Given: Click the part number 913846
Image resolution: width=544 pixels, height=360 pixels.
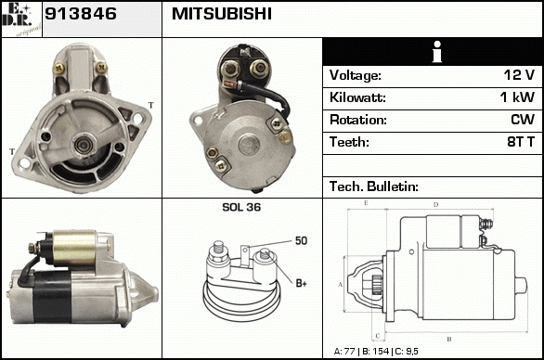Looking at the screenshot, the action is click(81, 14).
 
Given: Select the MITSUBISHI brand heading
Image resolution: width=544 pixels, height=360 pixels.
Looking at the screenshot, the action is click(222, 14).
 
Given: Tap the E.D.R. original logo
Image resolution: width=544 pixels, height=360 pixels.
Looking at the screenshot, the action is click(21, 19).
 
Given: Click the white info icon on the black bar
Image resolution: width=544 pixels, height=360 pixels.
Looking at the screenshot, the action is click(437, 52).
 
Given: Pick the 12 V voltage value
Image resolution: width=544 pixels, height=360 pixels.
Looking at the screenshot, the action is click(519, 75).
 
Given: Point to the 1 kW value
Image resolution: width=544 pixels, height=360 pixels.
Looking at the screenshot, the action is click(517, 97).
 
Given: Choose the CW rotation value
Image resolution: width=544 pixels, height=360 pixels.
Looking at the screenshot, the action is click(523, 120).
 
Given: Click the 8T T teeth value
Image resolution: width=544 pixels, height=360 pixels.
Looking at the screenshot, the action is click(521, 142).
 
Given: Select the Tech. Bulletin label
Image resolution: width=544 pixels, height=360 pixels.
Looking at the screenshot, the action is click(374, 186).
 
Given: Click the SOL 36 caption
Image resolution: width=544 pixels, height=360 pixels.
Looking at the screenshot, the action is click(241, 207).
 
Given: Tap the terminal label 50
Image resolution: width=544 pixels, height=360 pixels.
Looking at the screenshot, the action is click(301, 240).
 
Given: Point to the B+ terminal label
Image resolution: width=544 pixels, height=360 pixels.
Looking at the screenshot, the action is click(301, 283).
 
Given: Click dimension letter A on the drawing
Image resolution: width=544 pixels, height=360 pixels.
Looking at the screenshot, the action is click(341, 285).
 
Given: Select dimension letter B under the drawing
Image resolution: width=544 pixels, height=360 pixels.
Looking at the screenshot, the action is click(449, 340).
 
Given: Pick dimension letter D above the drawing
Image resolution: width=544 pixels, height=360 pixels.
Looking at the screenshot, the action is click(435, 205).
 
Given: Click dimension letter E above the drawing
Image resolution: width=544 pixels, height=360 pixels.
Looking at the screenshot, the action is click(366, 203).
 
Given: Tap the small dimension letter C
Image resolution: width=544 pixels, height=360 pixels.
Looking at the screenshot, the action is click(378, 336).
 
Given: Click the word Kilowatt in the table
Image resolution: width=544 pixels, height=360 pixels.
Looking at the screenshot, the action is click(357, 97).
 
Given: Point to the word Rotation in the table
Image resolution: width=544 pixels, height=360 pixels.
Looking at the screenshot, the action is click(358, 120).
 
